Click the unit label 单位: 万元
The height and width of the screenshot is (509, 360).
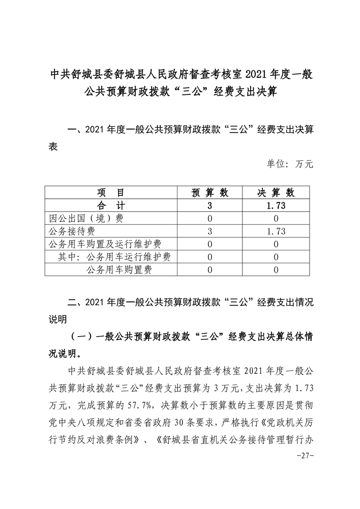[x=290, y=163]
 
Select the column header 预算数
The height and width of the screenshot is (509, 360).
[x=209, y=192]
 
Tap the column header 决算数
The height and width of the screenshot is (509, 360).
[x=276, y=192]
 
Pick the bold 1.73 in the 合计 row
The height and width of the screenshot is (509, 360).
[x=276, y=205]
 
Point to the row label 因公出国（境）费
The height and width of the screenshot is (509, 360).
[x=86, y=218]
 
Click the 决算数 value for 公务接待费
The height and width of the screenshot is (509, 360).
[x=276, y=231]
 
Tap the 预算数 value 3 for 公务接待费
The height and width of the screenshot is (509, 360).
[x=209, y=231]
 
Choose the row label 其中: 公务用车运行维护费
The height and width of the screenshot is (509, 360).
[x=114, y=257]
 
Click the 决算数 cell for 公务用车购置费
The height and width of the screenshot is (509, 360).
[x=276, y=270]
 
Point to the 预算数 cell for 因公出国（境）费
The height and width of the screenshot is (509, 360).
[x=209, y=218]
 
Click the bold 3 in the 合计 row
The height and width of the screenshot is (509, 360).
[x=209, y=205]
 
